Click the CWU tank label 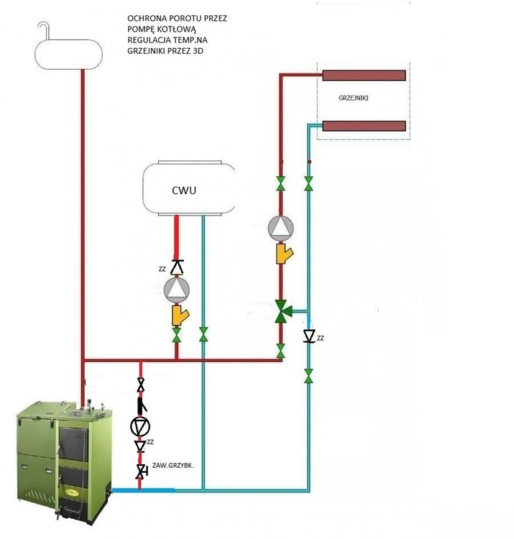pyautogui.click(x=185, y=191)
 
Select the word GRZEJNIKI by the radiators pyautogui.click(x=352, y=97)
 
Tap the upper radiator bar pyautogui.click(x=363, y=75)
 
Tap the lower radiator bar pyautogui.click(x=363, y=126)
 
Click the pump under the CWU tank pyautogui.click(x=177, y=289)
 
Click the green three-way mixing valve pyautogui.click(x=282, y=311)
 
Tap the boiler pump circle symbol pyautogui.click(x=140, y=426)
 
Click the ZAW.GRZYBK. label pyautogui.click(x=173, y=466)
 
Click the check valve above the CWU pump pyautogui.click(x=177, y=266)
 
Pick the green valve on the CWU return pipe pyautogui.click(x=204, y=335)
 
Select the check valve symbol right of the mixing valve pyautogui.click(x=309, y=336)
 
